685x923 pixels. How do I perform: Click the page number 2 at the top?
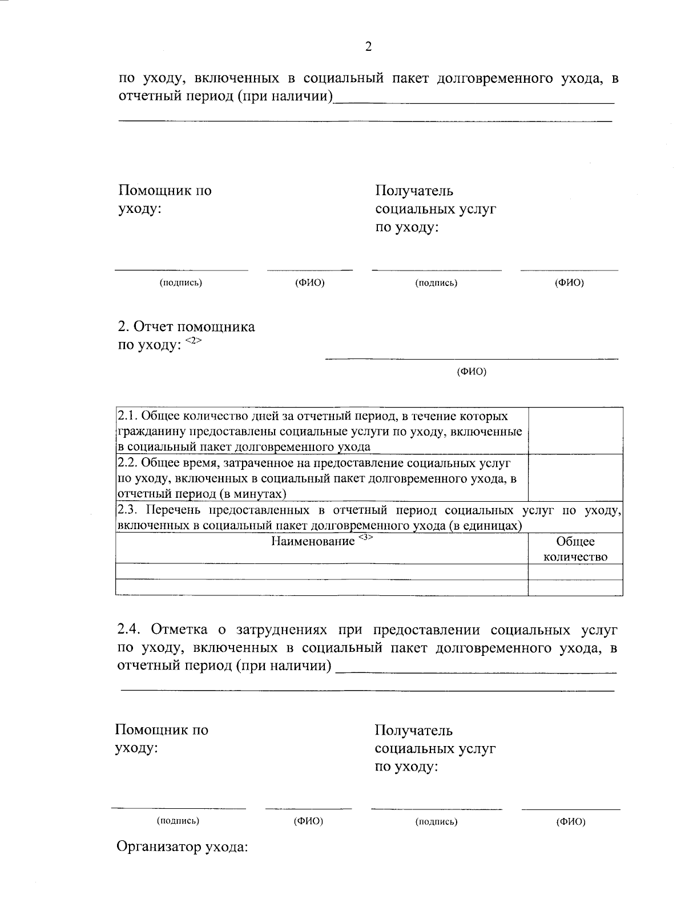coord(368,47)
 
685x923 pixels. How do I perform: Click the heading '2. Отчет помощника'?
coord(186,327)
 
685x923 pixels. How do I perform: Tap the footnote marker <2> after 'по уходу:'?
coord(194,341)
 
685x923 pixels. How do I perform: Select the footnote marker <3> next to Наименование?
coord(366,538)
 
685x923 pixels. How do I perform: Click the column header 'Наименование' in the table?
coord(313,541)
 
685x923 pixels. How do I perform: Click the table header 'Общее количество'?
coord(575,549)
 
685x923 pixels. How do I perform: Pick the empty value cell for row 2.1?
coord(575,431)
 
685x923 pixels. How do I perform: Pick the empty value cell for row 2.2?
coord(575,478)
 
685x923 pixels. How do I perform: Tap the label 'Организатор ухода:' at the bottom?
coord(182,847)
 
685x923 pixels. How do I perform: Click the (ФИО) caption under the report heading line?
coord(472,372)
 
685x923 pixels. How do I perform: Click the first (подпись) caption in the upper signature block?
coord(181,283)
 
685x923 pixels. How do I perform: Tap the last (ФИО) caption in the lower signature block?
coord(571,822)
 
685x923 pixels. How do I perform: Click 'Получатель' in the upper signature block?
coord(414,191)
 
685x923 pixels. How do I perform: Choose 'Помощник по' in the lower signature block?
coord(162,730)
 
